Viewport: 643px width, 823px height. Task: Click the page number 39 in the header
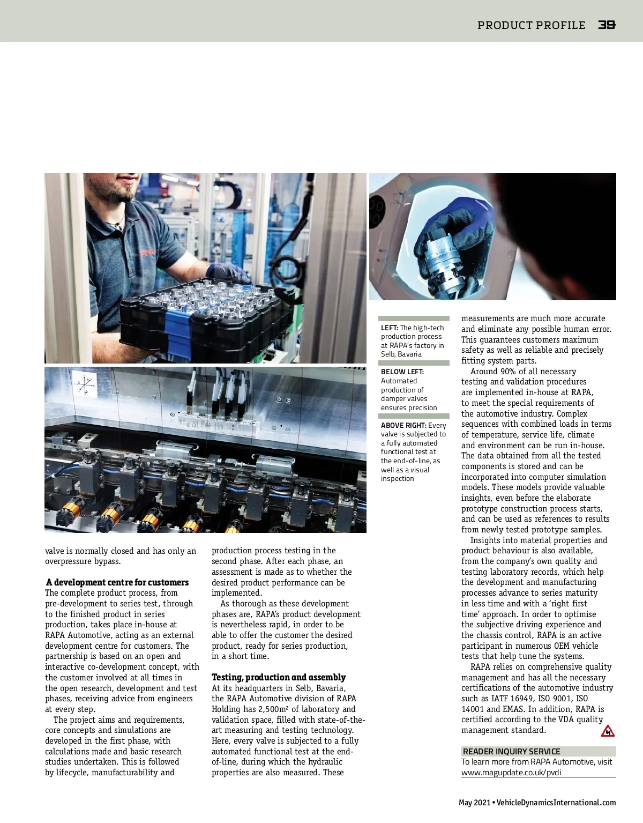pyautogui.click(x=607, y=25)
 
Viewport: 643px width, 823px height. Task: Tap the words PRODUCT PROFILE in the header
pyautogui.click(x=531, y=25)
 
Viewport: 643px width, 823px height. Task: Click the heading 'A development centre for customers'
pyautogui.click(x=117, y=582)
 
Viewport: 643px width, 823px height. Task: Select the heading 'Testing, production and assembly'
pyautogui.click(x=279, y=677)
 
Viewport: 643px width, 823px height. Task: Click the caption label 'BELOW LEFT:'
pyautogui.click(x=402, y=372)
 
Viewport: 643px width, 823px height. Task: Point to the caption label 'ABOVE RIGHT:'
pyautogui.click(x=403, y=425)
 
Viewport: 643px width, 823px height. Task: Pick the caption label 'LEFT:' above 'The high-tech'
pyautogui.click(x=390, y=328)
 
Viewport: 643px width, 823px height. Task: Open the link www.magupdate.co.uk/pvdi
pyautogui.click(x=511, y=773)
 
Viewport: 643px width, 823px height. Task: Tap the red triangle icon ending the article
pyautogui.click(x=608, y=731)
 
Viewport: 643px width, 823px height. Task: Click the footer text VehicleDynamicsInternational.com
pyautogui.click(x=556, y=803)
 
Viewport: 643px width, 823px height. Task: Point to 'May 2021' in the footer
pyautogui.click(x=474, y=803)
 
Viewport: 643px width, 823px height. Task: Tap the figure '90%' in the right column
pyautogui.click(x=508, y=372)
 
